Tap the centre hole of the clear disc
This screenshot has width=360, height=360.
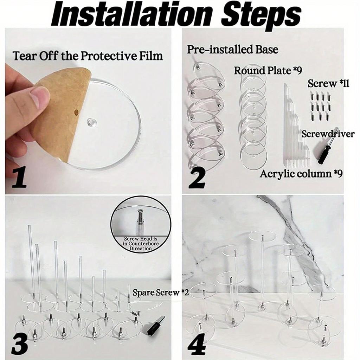point(92,121)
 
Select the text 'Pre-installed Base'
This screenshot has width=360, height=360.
point(233,49)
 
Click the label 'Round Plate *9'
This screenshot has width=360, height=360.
point(268,70)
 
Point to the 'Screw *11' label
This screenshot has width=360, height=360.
point(328,83)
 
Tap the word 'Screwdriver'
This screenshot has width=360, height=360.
point(328,134)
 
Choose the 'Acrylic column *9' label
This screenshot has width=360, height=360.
point(301,174)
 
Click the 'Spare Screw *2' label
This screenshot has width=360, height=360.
point(160,292)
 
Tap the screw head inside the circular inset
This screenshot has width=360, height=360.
point(140,211)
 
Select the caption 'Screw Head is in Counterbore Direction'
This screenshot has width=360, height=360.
point(141,243)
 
